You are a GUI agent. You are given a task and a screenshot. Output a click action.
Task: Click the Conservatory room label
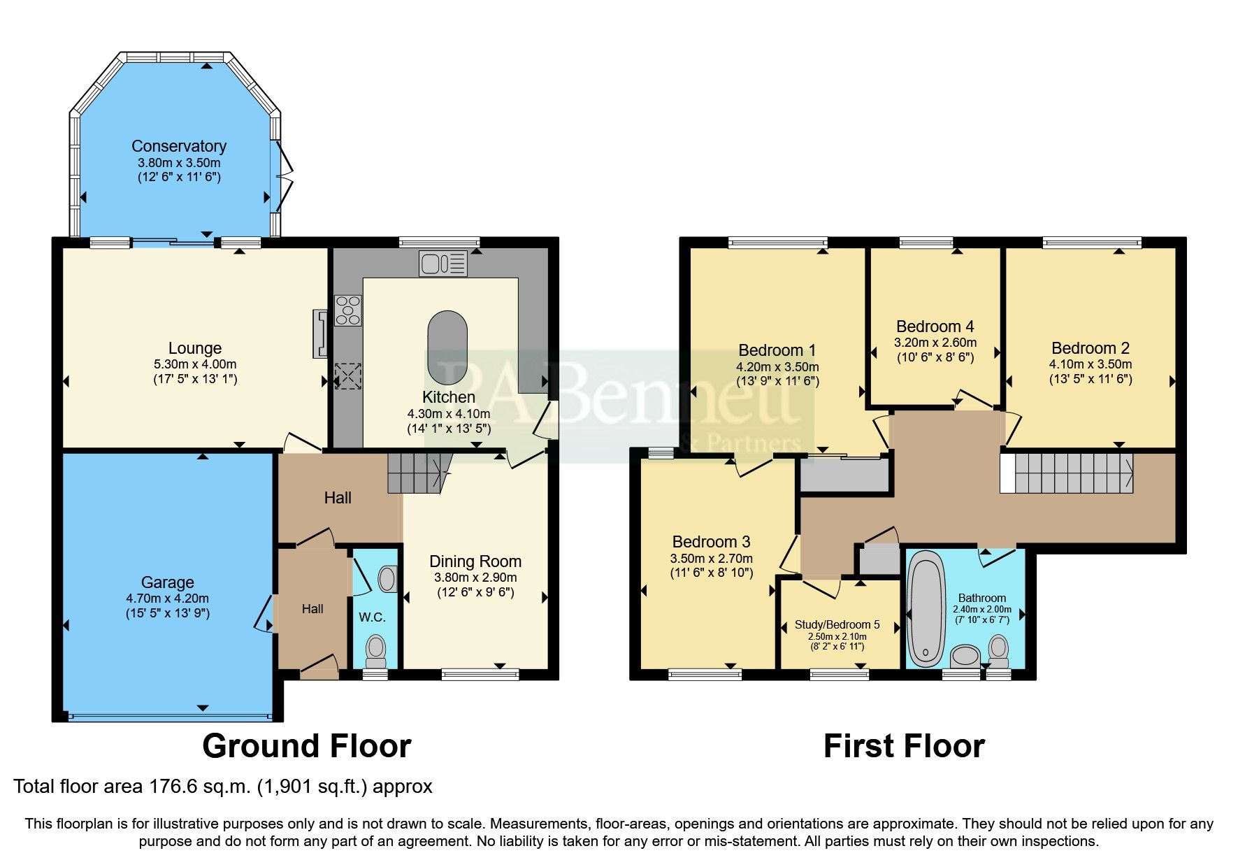tap(179, 146)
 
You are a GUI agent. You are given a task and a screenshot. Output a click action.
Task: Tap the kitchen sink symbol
tap(443, 264)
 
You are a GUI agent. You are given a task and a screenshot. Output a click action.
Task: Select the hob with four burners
tap(348, 311)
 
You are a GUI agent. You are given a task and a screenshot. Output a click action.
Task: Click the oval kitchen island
tap(447, 347)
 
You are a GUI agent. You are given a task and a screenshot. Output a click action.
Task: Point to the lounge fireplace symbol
tap(320, 334)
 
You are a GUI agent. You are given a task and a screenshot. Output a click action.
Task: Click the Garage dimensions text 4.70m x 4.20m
tap(168, 599)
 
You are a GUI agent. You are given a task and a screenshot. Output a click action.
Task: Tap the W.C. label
tap(372, 617)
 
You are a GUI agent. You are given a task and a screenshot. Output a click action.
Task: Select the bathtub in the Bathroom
tap(926, 608)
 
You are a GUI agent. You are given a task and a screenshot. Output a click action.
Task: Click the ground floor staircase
tap(417, 473)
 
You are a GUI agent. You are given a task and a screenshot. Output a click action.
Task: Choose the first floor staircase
tap(1067, 473)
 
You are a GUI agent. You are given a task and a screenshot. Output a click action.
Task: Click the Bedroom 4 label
tap(935, 327)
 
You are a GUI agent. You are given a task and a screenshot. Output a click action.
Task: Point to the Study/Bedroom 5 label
tap(837, 624)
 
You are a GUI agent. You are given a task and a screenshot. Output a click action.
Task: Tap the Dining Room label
tap(475, 561)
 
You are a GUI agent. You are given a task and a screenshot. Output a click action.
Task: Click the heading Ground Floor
tap(306, 746)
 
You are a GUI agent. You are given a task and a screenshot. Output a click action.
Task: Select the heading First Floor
tap(904, 746)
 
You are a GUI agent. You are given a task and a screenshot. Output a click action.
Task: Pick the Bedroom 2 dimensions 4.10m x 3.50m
tap(1090, 364)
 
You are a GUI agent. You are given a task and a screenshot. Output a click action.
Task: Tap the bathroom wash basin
tap(966, 657)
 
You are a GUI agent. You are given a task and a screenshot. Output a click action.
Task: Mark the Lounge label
tap(195, 348)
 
